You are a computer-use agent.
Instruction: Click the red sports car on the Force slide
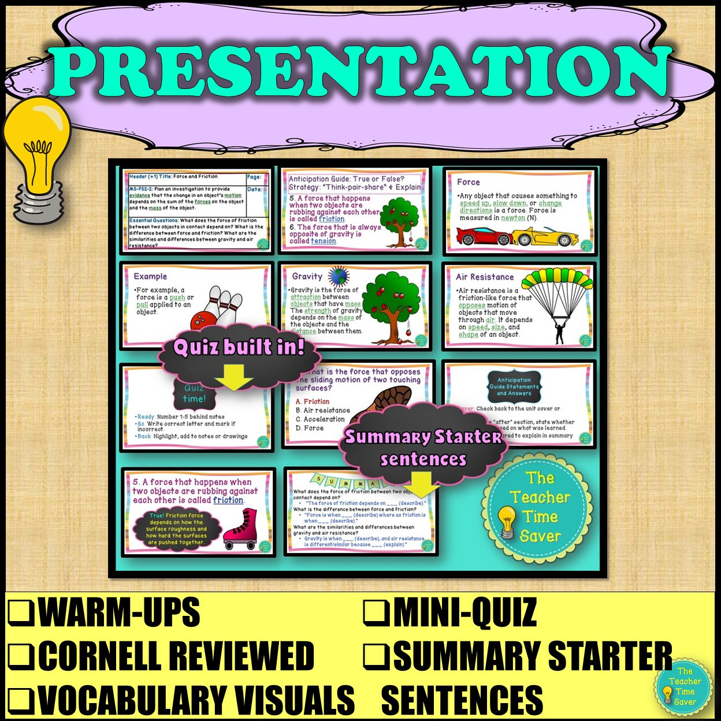(483, 236)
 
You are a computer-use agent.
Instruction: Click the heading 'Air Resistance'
(484, 277)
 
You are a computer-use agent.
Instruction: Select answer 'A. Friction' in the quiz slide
(313, 402)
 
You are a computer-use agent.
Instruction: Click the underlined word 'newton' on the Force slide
(513, 218)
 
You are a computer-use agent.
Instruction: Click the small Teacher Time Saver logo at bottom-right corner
(685, 686)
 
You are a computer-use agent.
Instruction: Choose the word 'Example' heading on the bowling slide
(150, 277)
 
